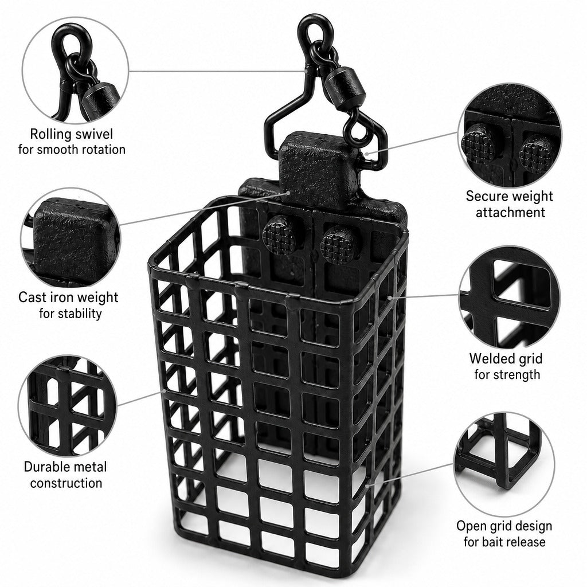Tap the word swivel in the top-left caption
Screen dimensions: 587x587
click(x=95, y=134)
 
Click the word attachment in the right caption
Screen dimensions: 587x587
click(x=510, y=213)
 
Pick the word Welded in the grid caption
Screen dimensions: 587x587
click(x=487, y=359)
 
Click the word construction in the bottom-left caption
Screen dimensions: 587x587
click(x=66, y=483)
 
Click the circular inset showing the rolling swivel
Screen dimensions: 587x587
click(x=75, y=71)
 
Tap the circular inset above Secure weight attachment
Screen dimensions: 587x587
click(x=510, y=135)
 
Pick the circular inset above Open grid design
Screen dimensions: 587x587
click(x=504, y=463)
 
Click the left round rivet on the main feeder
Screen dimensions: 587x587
click(x=280, y=234)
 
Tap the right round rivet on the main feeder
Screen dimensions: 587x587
click(x=339, y=244)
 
